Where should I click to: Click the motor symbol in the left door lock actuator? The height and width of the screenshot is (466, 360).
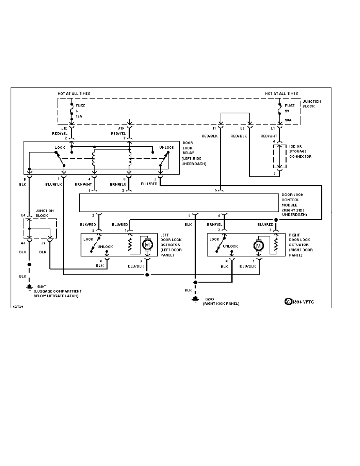pos(148,245)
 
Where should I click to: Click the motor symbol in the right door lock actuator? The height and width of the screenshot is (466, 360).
pos(258,246)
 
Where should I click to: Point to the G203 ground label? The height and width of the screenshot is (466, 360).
pos(206,299)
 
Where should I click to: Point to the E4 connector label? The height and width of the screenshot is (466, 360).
pos(23,215)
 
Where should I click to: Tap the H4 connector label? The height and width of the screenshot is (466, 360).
pos(23,243)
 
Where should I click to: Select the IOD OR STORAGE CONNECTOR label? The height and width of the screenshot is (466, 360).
pos(300,151)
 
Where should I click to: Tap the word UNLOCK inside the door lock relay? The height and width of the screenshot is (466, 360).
pos(167,147)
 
